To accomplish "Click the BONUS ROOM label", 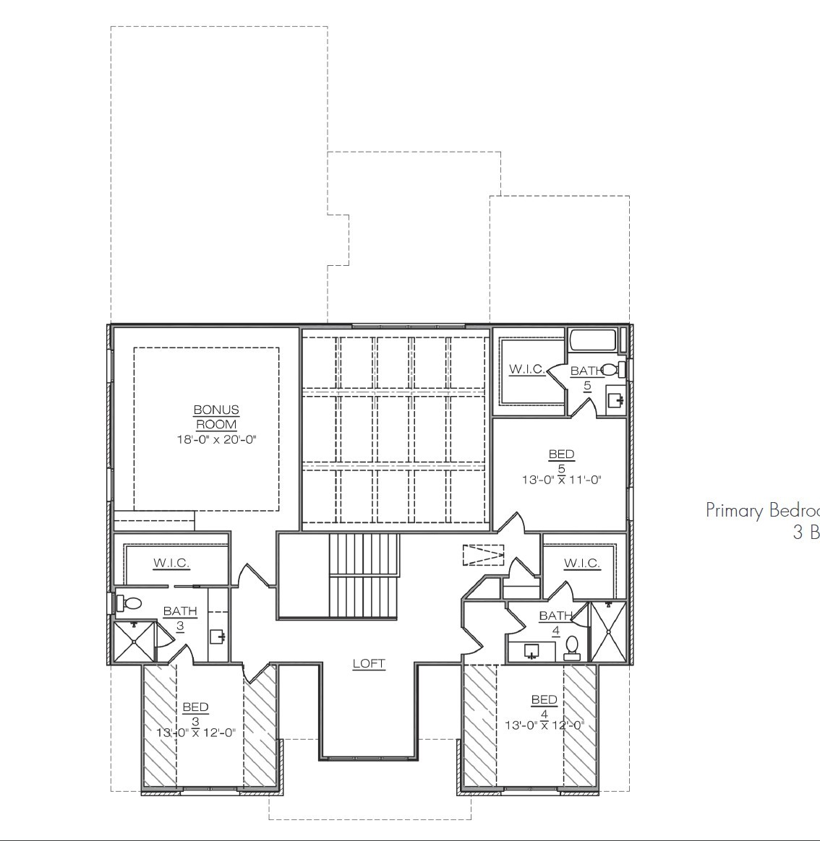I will (x=216, y=417).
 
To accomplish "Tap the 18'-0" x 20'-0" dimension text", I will (x=216, y=439).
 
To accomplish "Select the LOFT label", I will (x=369, y=663).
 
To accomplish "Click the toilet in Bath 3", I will (x=131, y=602).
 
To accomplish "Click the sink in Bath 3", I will (x=217, y=637).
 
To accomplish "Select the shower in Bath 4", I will (x=609, y=631).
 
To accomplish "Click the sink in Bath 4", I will (x=531, y=652).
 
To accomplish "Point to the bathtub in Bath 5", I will (x=592, y=340).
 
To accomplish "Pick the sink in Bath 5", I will (x=615, y=400).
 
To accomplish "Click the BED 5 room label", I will (x=561, y=461).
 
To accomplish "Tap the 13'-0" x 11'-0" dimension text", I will (x=561, y=479).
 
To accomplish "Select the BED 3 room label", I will (x=195, y=713).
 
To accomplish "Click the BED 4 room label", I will (x=544, y=705).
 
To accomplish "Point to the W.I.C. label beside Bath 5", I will (x=527, y=369).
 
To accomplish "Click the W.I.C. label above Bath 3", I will (x=171, y=563).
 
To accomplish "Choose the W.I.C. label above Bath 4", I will (x=581, y=563).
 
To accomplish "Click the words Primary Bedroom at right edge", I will (x=762, y=511).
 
